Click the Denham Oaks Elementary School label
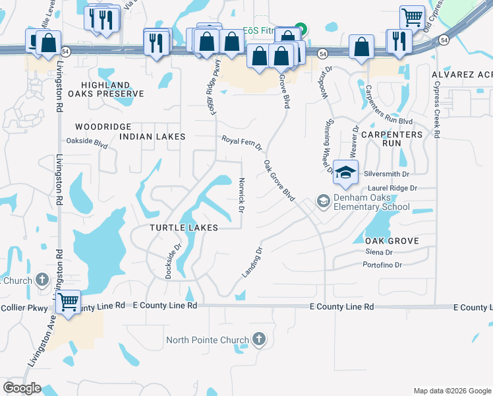(x=372, y=202)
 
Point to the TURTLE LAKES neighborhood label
(x=183, y=227)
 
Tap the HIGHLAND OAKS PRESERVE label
(x=111, y=89)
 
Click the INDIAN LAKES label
(x=152, y=136)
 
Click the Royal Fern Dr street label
(x=241, y=143)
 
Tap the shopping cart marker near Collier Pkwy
(x=68, y=303)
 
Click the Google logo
(x=22, y=388)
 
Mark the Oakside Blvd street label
(x=87, y=141)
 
